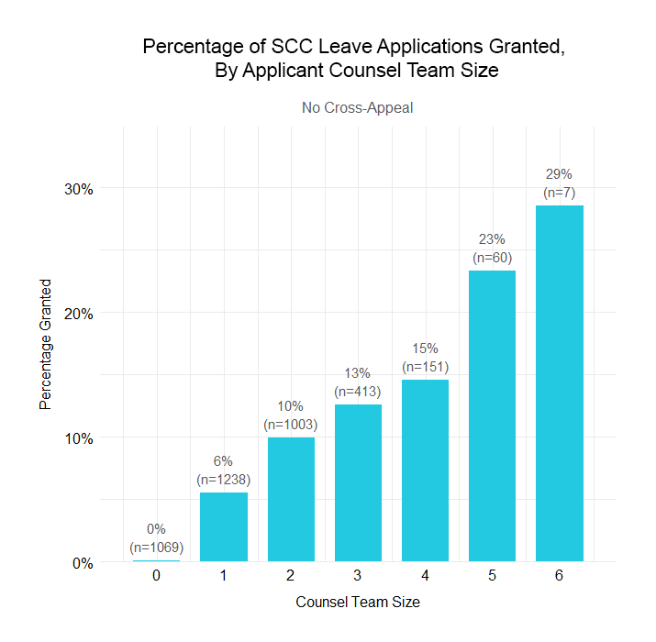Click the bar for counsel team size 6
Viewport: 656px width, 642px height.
pos(560,383)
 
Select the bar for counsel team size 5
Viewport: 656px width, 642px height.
pos(492,415)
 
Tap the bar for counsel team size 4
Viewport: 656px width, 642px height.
pos(425,470)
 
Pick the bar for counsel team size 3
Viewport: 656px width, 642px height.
pos(358,482)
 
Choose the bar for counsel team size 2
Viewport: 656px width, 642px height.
pos(291,500)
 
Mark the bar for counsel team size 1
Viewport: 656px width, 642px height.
pos(224,526)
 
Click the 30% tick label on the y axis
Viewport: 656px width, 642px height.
pos(78,189)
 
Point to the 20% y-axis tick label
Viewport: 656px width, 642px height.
pos(78,314)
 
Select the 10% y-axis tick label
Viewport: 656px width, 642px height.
pos(78,438)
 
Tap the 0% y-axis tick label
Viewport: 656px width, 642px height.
pos(83,563)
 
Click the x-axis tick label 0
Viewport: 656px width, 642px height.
pos(157,576)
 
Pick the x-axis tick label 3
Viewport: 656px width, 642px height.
pos(358,576)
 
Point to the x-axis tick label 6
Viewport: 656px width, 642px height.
pos(560,576)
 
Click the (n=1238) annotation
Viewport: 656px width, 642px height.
pos(224,479)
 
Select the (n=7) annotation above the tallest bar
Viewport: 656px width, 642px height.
pos(560,193)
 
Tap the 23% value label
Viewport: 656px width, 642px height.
pos(492,241)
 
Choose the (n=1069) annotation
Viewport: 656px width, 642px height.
pos(157,548)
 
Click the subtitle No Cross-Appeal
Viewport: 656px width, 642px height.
pos(358,108)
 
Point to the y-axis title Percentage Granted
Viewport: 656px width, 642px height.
pos(45,345)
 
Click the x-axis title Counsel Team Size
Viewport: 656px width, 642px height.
pos(358,603)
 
